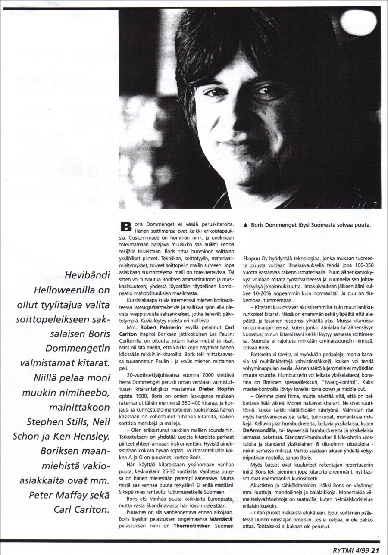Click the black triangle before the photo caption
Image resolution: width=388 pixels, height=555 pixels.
[245, 225]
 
